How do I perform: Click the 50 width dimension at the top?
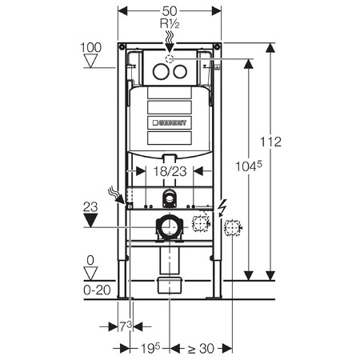coord(170,11)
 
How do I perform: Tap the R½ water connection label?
coord(170,24)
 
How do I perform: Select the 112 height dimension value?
coord(270,142)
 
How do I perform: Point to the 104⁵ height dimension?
coord(249,166)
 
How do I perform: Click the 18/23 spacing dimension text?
coord(170,171)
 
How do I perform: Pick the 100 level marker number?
coord(91,47)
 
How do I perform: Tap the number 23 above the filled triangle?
coord(90,207)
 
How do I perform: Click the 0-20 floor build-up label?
coord(97,290)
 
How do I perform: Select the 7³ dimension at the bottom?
coord(126,326)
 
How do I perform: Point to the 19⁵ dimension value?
coord(150,348)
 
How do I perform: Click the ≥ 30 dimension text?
coord(201,348)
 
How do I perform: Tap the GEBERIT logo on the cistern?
coord(170,122)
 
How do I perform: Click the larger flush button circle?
coord(161,71)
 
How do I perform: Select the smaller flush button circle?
coord(180,71)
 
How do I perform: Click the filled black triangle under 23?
coord(90,220)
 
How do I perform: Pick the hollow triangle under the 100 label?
coord(90,61)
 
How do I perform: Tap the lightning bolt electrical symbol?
coord(222,208)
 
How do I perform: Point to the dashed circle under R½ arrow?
coord(170,58)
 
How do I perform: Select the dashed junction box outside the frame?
coord(232,227)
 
